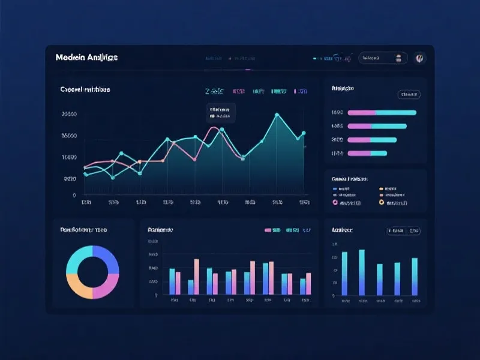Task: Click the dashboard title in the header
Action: point(86,58)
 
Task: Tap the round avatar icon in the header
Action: point(421,58)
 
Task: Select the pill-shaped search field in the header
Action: point(382,58)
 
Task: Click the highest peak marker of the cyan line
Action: point(277,114)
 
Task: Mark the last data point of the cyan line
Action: point(304,133)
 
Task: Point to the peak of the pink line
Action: point(213,128)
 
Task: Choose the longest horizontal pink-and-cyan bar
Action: point(382,112)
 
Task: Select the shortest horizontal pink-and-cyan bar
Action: point(367,153)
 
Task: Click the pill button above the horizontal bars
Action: point(409,94)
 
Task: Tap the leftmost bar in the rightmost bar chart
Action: point(344,273)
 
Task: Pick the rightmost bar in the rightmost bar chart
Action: point(415,276)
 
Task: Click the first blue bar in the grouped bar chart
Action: point(172,281)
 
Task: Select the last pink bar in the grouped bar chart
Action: point(308,284)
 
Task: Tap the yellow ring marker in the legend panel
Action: point(382,203)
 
